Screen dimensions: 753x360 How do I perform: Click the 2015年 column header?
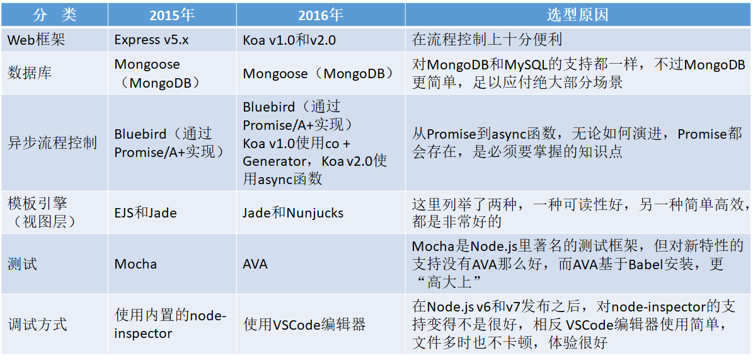[x=172, y=15]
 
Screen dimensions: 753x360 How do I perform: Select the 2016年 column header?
[x=321, y=15]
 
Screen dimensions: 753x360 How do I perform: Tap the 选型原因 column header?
[x=578, y=15]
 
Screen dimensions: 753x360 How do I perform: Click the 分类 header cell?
[x=55, y=15]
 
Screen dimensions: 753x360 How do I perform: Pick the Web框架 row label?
[x=37, y=40]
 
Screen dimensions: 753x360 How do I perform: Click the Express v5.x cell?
[x=152, y=40]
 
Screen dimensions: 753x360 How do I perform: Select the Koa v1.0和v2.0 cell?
[x=289, y=40]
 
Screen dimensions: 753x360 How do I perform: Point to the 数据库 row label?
[x=30, y=73]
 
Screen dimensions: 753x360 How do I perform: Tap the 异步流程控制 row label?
[x=52, y=142]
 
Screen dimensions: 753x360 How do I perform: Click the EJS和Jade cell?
[x=146, y=212]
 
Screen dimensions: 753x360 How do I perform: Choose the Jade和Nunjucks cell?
[x=293, y=212]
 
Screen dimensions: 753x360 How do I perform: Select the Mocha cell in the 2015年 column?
[x=135, y=264]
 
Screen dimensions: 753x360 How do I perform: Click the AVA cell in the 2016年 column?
[x=255, y=264]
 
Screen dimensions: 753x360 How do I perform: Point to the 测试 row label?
[x=22, y=264]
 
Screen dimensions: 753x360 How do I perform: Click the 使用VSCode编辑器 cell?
[x=304, y=324]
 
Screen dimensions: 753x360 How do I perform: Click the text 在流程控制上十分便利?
[x=487, y=40]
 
